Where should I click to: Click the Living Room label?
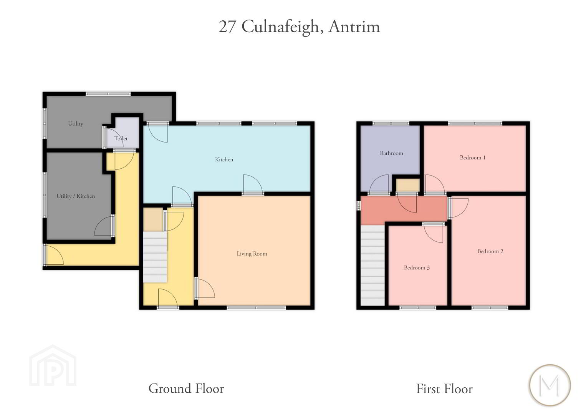[252, 254]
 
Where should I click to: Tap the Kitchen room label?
[224, 159]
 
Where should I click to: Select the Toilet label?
[121, 138]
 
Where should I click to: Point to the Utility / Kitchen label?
[76, 196]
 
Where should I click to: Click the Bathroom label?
[391, 153]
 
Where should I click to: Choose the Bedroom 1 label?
[472, 158]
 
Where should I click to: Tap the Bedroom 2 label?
[490, 251]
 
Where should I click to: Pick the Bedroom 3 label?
[417, 267]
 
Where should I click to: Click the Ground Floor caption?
[186, 388]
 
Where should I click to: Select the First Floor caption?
[444, 389]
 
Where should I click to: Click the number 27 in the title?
[227, 27]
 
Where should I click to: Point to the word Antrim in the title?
[354, 27]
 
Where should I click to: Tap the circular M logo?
[550, 385]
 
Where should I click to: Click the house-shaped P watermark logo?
[53, 366]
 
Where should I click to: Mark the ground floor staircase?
[155, 257]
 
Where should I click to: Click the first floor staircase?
[372, 265]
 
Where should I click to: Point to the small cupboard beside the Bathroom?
[407, 185]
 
